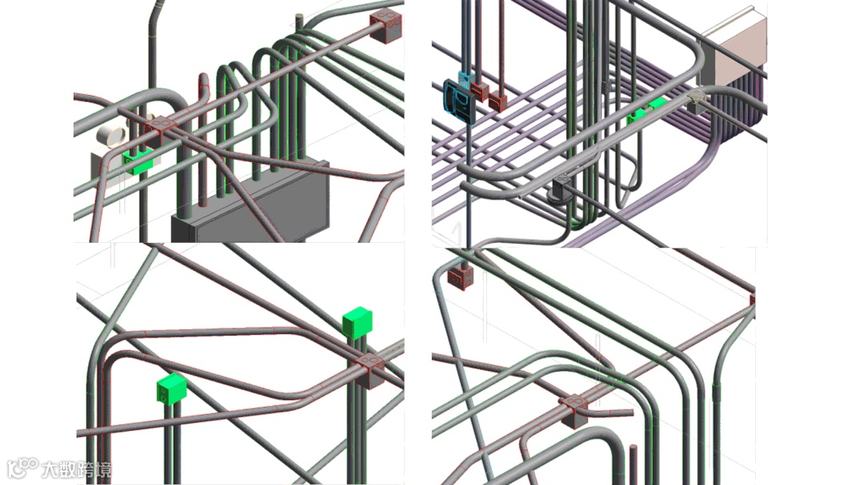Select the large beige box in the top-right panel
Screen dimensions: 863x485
coord(733,50)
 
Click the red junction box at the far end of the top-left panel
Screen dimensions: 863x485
coord(386,26)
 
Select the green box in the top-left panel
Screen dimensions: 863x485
coord(138,162)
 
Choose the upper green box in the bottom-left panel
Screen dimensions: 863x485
coord(358,322)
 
